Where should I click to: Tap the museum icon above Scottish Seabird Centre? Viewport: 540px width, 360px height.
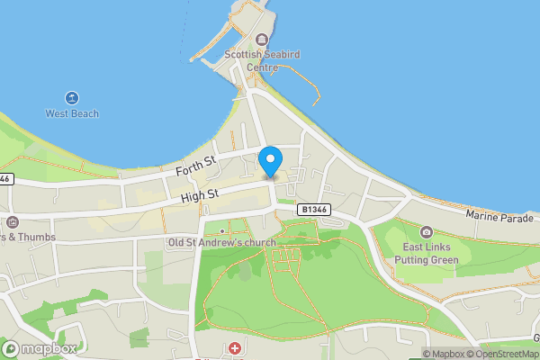click(262, 40)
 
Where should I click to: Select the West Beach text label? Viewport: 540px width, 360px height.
click(72, 114)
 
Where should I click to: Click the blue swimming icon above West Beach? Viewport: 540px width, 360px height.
click(72, 98)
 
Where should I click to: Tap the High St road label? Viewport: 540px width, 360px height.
click(199, 194)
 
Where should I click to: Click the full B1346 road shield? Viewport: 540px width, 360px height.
click(314, 209)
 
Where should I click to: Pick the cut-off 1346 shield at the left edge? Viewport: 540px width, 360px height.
click(4, 179)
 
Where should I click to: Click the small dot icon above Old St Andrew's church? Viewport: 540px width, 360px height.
click(221, 231)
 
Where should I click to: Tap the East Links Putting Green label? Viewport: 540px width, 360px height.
click(426, 254)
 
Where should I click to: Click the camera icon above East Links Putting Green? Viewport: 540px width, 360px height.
click(426, 232)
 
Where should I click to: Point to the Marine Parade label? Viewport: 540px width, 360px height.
click(501, 215)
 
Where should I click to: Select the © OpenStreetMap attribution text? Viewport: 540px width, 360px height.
click(502, 354)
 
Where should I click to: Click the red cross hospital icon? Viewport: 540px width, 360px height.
click(235, 347)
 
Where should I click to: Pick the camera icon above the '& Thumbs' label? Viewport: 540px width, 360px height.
click(12, 221)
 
